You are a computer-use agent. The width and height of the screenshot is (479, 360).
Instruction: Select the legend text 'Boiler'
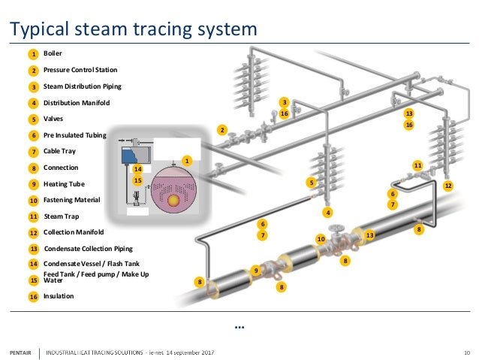tap(53, 53)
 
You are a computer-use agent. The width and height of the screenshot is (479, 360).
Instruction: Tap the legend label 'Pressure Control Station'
tap(80, 70)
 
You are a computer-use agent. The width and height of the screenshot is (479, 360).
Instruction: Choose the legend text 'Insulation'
tap(59, 296)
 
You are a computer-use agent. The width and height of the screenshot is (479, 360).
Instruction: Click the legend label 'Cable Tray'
tap(59, 151)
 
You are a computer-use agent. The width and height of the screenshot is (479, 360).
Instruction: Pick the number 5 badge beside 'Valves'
tap(34, 119)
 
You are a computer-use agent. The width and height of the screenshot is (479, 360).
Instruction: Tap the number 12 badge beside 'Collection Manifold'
tap(34, 233)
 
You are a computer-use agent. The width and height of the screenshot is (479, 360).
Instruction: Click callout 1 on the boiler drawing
tap(188, 160)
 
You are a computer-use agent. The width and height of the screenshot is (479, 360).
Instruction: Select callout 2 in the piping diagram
tap(221, 130)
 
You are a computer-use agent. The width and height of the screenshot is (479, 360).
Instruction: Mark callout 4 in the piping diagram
tap(327, 213)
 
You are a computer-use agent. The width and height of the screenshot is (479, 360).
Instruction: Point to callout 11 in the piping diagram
tap(418, 165)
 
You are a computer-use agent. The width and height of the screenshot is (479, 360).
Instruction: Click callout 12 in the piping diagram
tap(448, 185)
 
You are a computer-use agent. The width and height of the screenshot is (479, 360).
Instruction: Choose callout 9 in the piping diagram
tap(256, 270)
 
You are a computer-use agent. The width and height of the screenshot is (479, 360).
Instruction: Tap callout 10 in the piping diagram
tap(320, 239)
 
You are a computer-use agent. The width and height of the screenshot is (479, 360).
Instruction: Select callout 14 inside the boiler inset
tap(137, 169)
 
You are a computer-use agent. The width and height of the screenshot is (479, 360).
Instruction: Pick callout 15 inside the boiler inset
tap(137, 180)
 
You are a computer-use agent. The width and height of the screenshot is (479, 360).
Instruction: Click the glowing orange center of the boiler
tap(173, 200)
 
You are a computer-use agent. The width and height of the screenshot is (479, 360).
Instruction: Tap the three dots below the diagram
tap(239, 327)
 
